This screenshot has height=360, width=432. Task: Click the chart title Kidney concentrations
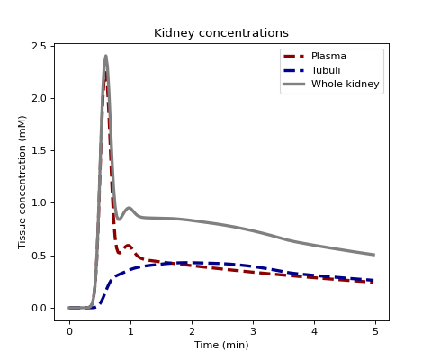pyautogui.click(x=221, y=33)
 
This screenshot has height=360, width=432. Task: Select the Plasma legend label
pyautogui.click(x=328, y=56)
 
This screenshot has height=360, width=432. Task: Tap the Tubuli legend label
pyautogui.click(x=326, y=70)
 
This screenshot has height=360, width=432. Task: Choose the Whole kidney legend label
pyautogui.click(x=346, y=84)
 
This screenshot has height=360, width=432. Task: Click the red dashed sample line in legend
pyautogui.click(x=293, y=56)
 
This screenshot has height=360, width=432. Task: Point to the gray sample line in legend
pyautogui.click(x=293, y=85)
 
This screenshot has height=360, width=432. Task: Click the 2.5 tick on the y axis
pyautogui.click(x=43, y=46)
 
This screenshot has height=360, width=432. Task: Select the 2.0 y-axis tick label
pyautogui.click(x=43, y=98)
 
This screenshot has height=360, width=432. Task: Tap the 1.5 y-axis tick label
pyautogui.click(x=43, y=150)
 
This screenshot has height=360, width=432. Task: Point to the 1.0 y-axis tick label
pyautogui.click(x=43, y=202)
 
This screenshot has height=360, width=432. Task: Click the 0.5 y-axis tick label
pyautogui.click(x=43, y=256)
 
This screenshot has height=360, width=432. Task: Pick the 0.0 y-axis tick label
pyautogui.click(x=43, y=308)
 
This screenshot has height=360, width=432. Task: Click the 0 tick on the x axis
pyautogui.click(x=69, y=331)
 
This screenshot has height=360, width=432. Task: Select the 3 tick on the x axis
pyautogui.click(x=253, y=331)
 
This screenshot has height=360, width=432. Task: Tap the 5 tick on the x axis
pyautogui.click(x=375, y=331)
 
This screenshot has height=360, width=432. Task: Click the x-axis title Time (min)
pyautogui.click(x=221, y=345)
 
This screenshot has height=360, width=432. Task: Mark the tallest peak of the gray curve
pyautogui.click(x=106, y=56)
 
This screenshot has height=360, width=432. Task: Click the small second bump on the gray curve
pyautogui.click(x=130, y=208)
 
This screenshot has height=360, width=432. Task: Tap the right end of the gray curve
pyautogui.click(x=374, y=255)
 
